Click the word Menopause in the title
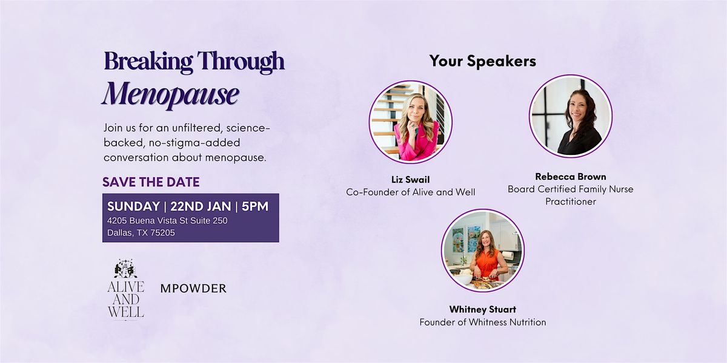click(171, 94)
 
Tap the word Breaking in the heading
click(148, 61)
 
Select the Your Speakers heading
click(483, 61)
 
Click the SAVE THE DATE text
click(151, 182)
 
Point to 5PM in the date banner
click(255, 206)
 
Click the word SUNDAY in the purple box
click(133, 206)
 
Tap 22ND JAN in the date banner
click(201, 206)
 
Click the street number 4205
click(117, 221)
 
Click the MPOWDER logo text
click(193, 289)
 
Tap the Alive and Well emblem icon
click(125, 269)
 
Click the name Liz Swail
click(411, 180)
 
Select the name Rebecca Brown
click(571, 177)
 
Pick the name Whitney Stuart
click(483, 310)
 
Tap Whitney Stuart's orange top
click(487, 263)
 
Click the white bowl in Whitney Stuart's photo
click(464, 279)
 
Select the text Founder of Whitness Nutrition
click(483, 322)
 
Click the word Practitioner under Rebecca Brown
click(571, 201)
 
